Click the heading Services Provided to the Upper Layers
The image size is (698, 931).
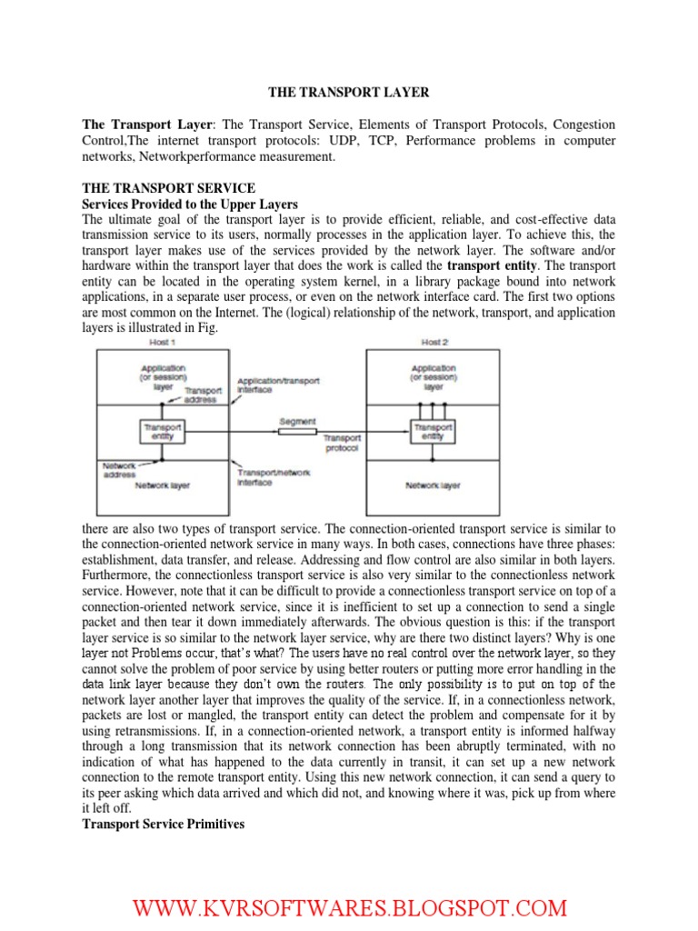[190, 204]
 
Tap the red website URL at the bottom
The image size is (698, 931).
[350, 908]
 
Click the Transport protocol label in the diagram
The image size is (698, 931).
[342, 442]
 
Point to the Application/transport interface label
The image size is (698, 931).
[277, 385]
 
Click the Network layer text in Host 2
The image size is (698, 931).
[433, 486]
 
